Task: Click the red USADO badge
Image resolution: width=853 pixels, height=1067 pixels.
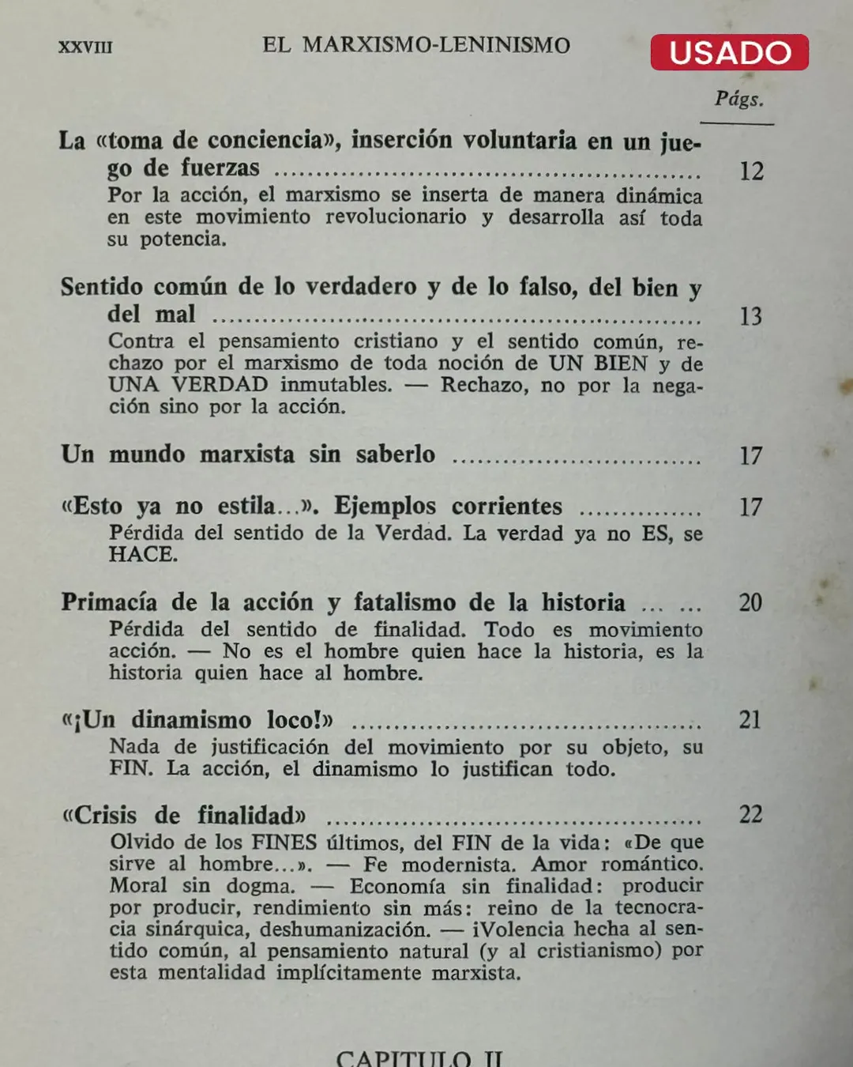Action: (729, 52)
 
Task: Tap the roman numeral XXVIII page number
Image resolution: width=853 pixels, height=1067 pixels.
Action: (85, 47)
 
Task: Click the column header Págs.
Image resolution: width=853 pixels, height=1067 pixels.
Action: (738, 99)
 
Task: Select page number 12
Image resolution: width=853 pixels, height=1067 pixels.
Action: (751, 171)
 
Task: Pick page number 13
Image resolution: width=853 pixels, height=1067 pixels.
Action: (750, 317)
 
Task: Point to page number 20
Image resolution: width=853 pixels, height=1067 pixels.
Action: (750, 603)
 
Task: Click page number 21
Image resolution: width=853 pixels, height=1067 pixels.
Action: (750, 720)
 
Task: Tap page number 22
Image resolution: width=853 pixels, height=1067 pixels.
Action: (750, 815)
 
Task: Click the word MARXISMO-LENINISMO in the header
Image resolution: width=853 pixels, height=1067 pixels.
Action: (436, 45)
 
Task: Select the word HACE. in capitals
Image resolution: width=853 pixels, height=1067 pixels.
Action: (143, 555)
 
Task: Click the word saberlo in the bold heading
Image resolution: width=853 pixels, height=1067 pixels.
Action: (395, 454)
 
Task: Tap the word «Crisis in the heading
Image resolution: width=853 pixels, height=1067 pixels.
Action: (100, 816)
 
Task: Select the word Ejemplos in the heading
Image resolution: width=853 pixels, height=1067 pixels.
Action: (385, 506)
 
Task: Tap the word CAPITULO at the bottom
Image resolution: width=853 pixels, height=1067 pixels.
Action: (403, 1058)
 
